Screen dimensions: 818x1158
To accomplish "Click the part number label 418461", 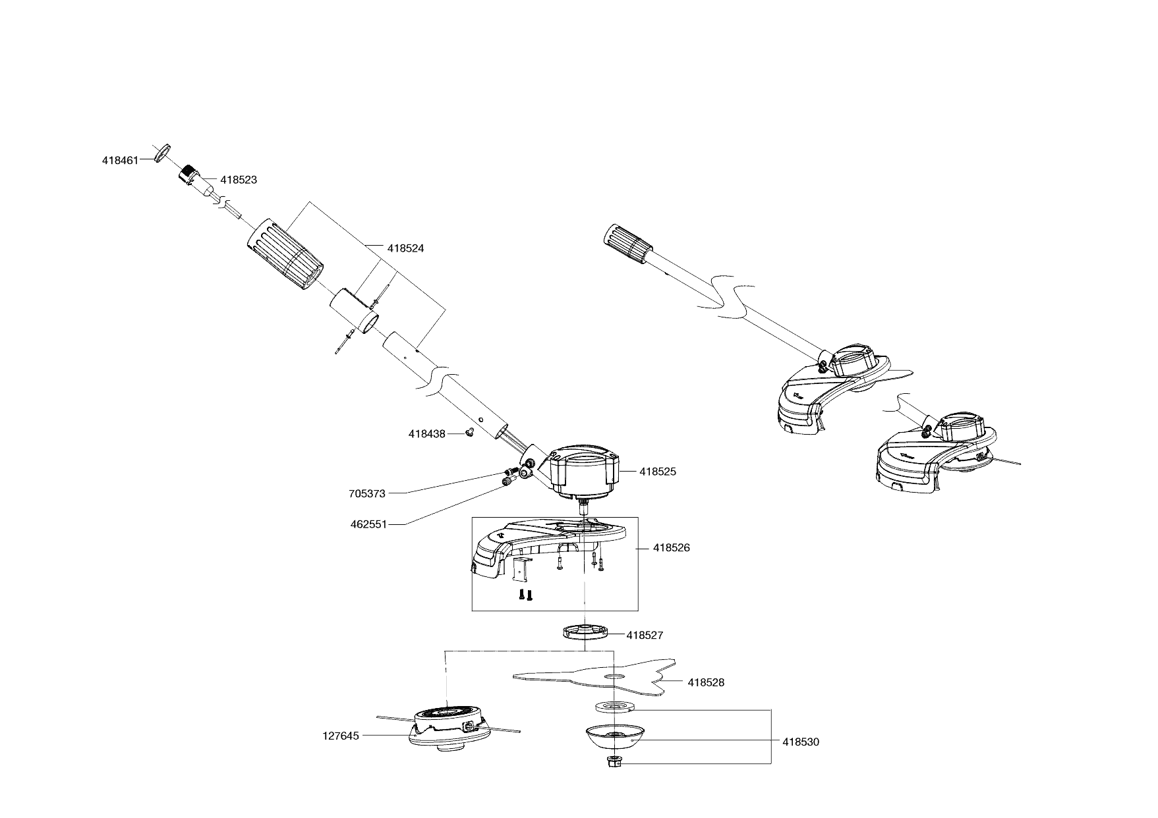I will coord(120,160).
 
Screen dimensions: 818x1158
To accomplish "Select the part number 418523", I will coord(239,180).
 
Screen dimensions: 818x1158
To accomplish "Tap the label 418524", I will coord(405,248).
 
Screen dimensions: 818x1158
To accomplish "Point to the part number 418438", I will coord(426,434).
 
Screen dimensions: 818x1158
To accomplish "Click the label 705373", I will coord(367,493).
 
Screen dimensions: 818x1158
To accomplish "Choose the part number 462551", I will coord(368,525).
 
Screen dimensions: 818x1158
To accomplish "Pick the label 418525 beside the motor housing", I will coord(658,472).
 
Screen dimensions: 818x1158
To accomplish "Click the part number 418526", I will coord(672,548).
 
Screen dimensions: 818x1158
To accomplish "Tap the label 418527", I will coord(645,636).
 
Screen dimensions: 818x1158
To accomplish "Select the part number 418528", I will coord(706,683).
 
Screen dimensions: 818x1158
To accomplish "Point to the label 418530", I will coord(801,742).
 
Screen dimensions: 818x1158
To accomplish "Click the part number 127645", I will coord(341,736).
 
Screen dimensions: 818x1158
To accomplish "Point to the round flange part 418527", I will coord(585,632).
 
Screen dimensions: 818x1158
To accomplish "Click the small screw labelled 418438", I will coord(470,433).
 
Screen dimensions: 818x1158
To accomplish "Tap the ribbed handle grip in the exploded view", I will coord(286,254).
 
